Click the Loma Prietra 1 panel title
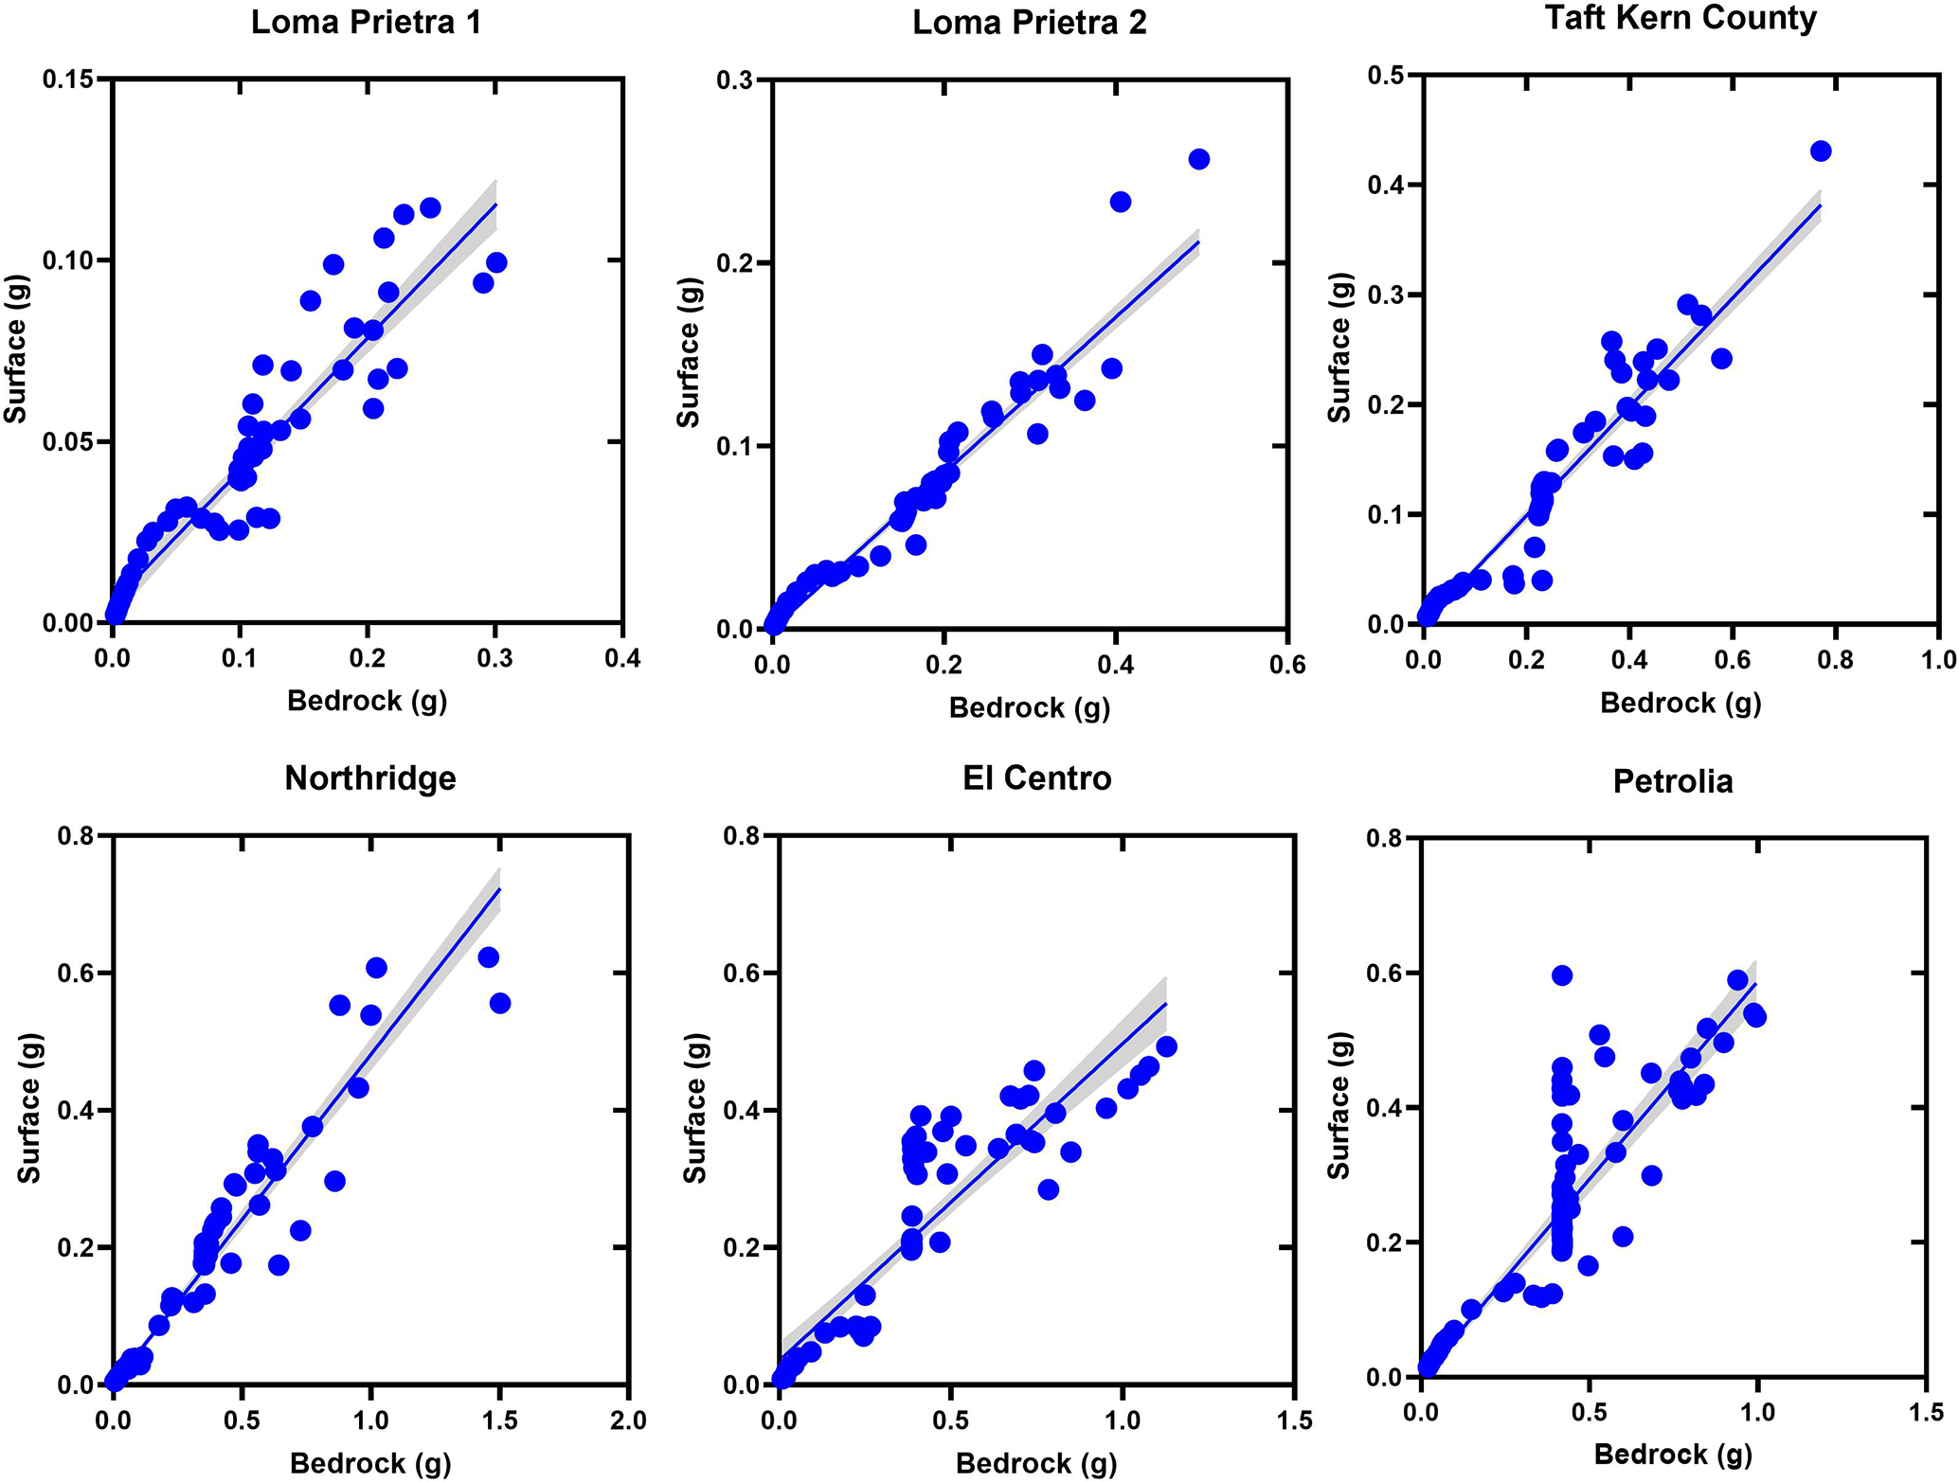tap(366, 22)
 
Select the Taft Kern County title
tap(1680, 18)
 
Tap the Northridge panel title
tap(370, 778)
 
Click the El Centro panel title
tap(1036, 778)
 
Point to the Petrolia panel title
tap(1673, 781)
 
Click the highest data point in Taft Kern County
tap(1820, 152)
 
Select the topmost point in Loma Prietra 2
tap(1198, 159)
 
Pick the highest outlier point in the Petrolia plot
tap(1562, 975)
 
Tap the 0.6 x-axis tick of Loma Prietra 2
tap(1287, 665)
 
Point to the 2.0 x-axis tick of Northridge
tap(627, 1420)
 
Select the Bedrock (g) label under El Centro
tap(1036, 1464)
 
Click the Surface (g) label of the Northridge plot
tap(29, 1110)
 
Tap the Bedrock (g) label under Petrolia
tap(1673, 1455)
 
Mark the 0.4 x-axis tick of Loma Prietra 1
tap(621, 658)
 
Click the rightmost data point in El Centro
tap(1166, 1046)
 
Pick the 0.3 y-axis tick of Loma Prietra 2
tap(735, 80)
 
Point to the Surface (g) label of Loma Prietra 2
tap(689, 352)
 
